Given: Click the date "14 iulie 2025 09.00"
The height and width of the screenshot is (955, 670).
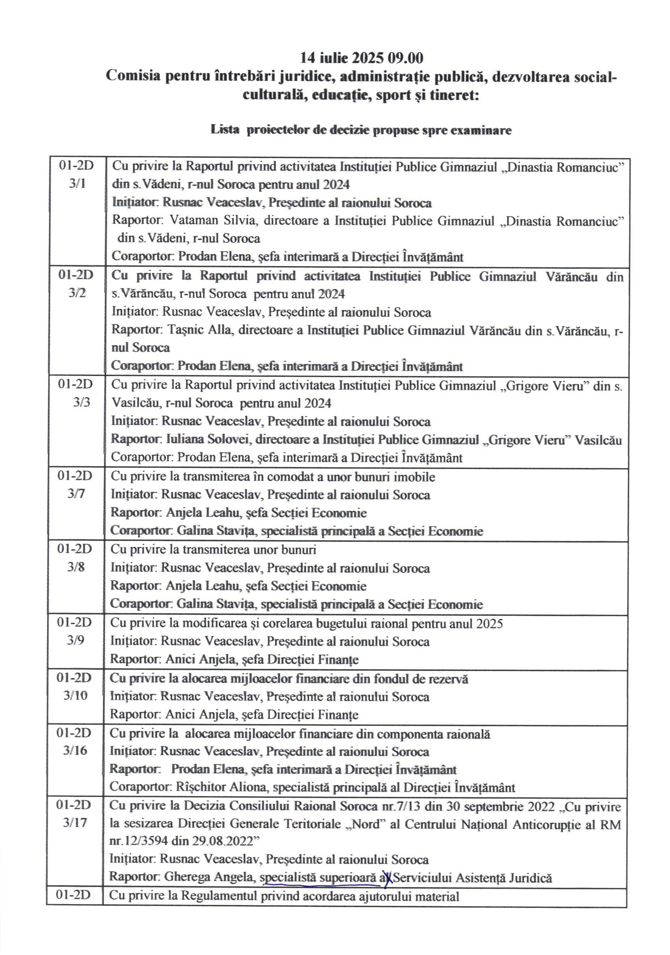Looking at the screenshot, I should (x=361, y=57).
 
